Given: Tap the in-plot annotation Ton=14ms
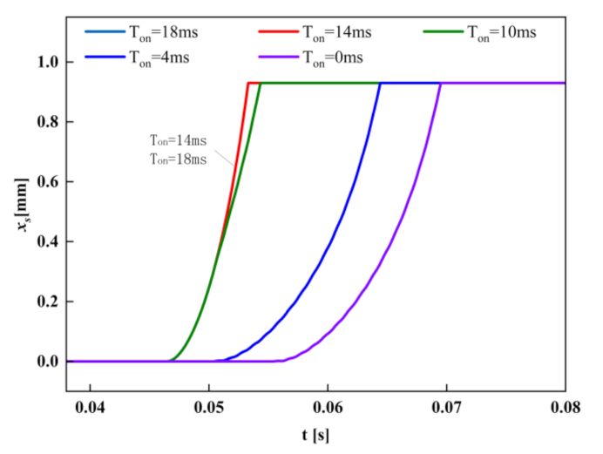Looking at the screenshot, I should click(x=177, y=139).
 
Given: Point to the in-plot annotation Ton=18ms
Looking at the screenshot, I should click(x=177, y=159).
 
